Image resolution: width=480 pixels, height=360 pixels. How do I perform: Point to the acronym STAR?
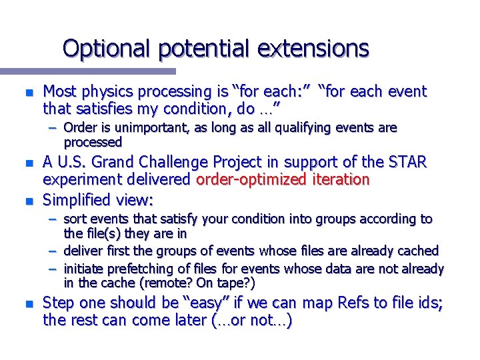408,162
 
